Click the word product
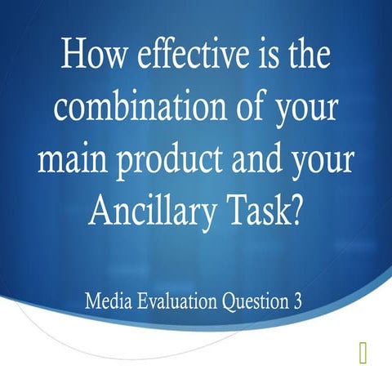pos(171,161)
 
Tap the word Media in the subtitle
pos(105,301)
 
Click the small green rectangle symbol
pos(362,352)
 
